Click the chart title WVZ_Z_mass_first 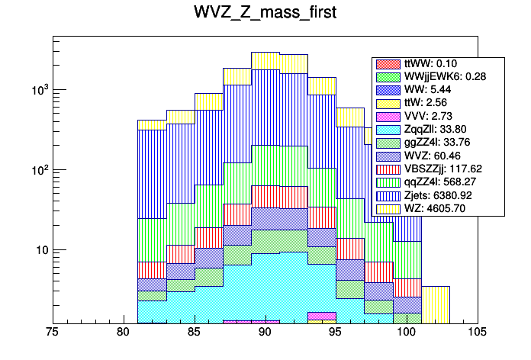click(265, 14)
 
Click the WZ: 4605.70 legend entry click(438, 207)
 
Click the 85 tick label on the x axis click(195, 333)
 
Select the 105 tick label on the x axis click(478, 333)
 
